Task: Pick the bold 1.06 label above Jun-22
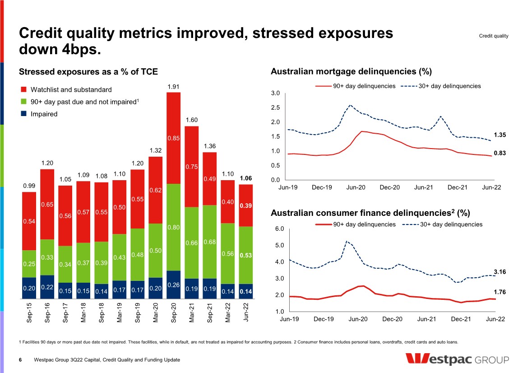click(246, 178)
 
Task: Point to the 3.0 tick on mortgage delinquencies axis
click(275, 93)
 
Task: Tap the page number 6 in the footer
click(20, 360)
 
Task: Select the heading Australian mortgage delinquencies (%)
click(351, 71)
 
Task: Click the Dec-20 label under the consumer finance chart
click(392, 319)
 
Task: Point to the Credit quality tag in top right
click(494, 36)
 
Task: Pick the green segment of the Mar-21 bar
click(192, 242)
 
